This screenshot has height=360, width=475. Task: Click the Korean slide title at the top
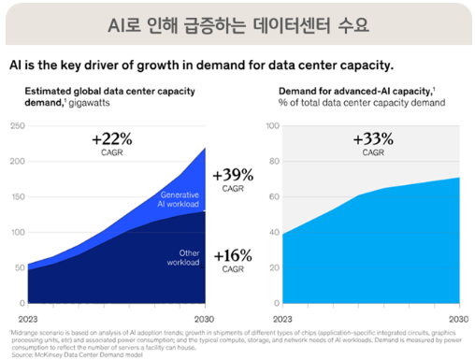(x=237, y=23)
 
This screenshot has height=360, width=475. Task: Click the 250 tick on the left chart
(x=18, y=125)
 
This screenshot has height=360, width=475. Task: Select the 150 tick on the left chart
(x=18, y=196)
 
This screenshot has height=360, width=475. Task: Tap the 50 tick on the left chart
(x=20, y=267)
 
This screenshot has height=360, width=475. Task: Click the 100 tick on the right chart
(x=273, y=125)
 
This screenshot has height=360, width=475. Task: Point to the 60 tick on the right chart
(x=275, y=196)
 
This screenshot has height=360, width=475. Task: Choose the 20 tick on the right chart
(x=275, y=267)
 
